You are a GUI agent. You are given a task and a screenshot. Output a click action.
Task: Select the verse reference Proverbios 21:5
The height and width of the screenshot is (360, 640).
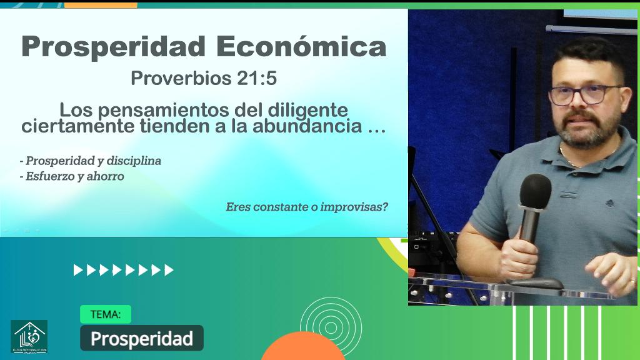point(203,79)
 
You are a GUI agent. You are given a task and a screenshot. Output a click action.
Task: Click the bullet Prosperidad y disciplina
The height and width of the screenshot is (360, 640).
point(91,161)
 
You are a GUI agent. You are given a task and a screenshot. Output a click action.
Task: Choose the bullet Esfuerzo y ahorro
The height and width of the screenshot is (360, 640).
point(72,176)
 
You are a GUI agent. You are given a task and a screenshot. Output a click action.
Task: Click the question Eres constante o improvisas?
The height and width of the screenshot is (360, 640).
point(307,206)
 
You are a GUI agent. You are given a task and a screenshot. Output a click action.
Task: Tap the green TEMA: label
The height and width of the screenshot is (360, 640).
point(106,314)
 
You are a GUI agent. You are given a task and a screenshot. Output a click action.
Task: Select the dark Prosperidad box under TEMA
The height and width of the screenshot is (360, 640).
point(141,338)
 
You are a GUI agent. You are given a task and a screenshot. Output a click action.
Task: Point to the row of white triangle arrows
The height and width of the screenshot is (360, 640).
point(124,270)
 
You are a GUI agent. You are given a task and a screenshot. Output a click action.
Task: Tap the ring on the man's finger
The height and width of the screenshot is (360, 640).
point(632,281)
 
